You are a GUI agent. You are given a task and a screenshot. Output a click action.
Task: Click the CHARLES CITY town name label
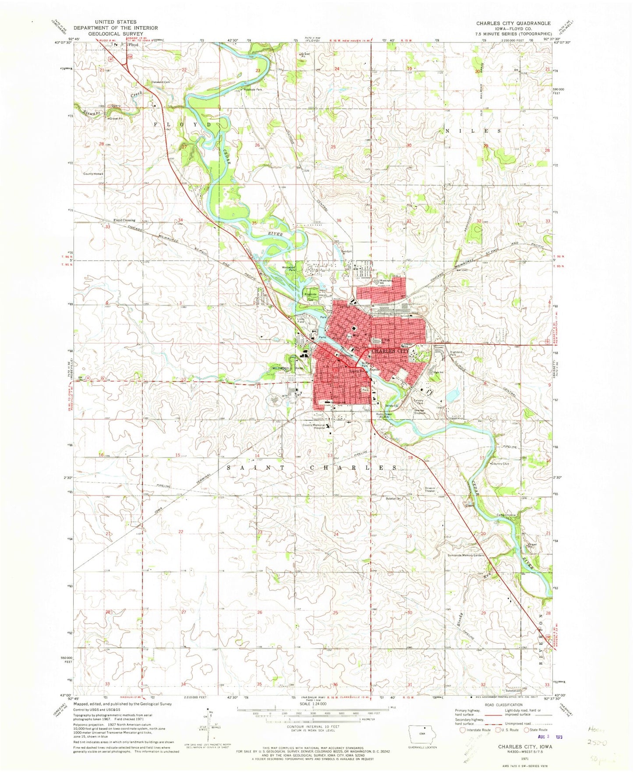tap(390, 351)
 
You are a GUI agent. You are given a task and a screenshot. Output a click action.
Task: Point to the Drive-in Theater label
tap(430, 489)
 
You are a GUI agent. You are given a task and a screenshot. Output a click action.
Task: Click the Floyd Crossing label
tap(124, 220)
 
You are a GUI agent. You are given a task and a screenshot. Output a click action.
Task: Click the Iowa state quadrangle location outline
tap(421, 734)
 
